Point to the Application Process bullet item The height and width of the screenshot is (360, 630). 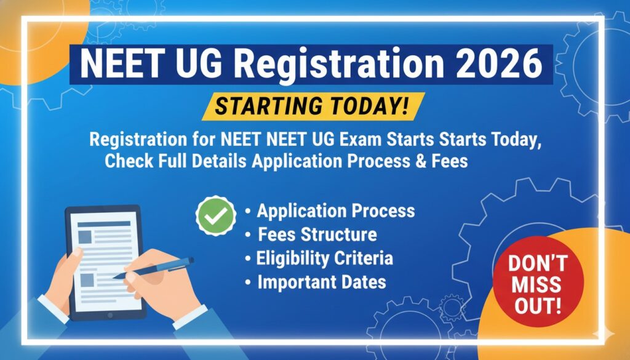click(x=335, y=211)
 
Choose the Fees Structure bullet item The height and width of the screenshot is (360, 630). click(x=317, y=234)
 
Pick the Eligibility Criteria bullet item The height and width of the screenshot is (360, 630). click(x=324, y=258)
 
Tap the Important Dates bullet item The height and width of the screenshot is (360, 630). click(x=321, y=282)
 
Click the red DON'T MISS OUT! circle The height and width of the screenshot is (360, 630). click(x=535, y=284)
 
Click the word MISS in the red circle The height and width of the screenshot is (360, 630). click(x=535, y=284)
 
